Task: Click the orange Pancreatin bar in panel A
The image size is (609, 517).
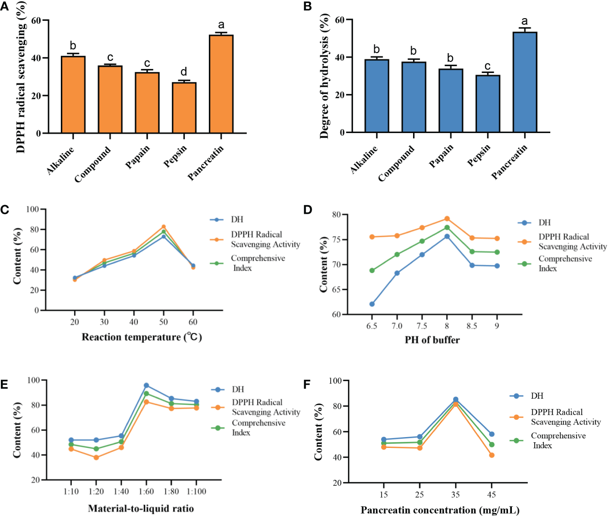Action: pos(221,84)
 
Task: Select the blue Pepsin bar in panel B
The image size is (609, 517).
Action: pos(488,104)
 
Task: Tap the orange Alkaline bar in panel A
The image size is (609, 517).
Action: pos(73,95)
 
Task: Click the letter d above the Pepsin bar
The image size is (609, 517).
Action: pos(184,72)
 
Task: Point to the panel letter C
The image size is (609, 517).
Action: pos(5,210)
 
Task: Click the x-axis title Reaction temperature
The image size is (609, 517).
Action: pos(142,337)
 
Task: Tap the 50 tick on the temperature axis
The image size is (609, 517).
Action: pos(163,322)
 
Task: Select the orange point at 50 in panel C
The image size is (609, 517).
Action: pos(164,227)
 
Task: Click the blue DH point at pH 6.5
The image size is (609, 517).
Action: pos(372,304)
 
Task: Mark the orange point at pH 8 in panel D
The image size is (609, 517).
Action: pos(447,219)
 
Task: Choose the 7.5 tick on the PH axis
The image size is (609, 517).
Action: pos(422,326)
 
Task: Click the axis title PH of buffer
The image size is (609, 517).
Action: pos(432,340)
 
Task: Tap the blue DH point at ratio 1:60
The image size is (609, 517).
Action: pos(146,385)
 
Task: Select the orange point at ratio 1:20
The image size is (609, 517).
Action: pos(96,457)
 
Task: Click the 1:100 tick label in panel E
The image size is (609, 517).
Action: pos(196,492)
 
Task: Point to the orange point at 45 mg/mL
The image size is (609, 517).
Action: pos(492,455)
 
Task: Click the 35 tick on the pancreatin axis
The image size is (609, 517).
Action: pos(455,495)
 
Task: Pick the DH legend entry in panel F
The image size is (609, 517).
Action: pos(537,396)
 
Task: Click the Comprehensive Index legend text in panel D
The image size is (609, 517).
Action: pos(565,263)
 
